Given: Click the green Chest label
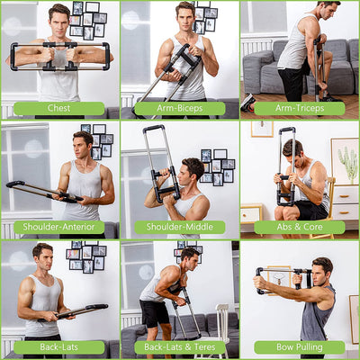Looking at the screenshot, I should [x=58, y=108].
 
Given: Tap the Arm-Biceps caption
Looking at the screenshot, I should [x=179, y=108].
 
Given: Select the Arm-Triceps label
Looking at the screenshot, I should [x=299, y=108].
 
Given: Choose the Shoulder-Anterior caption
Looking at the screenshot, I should [x=58, y=228].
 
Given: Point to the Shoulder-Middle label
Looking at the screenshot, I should [x=179, y=228].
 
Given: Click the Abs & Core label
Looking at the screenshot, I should [x=299, y=228].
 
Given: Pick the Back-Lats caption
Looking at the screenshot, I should [x=58, y=347].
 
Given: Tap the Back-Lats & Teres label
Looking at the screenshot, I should [x=179, y=347].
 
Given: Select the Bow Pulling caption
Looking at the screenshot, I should [x=299, y=347].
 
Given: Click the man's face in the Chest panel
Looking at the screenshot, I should [x=59, y=18].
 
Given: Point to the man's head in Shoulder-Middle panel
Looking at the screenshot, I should [x=193, y=169].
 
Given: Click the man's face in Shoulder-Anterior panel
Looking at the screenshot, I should [x=84, y=143].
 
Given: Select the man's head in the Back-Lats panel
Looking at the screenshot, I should [x=42, y=255].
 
